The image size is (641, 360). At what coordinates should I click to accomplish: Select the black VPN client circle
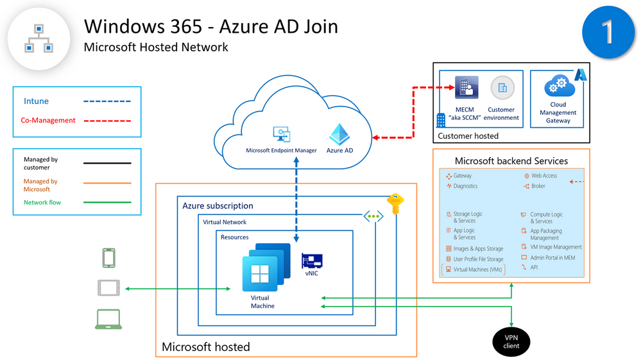click(511, 341)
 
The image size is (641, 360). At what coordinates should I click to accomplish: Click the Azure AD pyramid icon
click(339, 135)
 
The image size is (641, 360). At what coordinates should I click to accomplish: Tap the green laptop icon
click(108, 319)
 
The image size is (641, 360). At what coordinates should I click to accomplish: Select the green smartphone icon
click(109, 258)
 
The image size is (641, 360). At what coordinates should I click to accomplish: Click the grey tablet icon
click(108, 288)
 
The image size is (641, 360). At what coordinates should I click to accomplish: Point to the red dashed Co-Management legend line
click(107, 121)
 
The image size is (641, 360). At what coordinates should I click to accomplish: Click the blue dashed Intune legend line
click(107, 101)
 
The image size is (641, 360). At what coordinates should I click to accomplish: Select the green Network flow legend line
click(107, 203)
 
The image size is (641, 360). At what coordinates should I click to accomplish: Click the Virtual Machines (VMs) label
click(477, 270)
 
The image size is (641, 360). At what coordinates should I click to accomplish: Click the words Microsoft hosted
click(205, 347)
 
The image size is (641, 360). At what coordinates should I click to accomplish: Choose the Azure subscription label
click(218, 206)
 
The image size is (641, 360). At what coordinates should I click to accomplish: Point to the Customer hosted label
click(468, 136)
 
